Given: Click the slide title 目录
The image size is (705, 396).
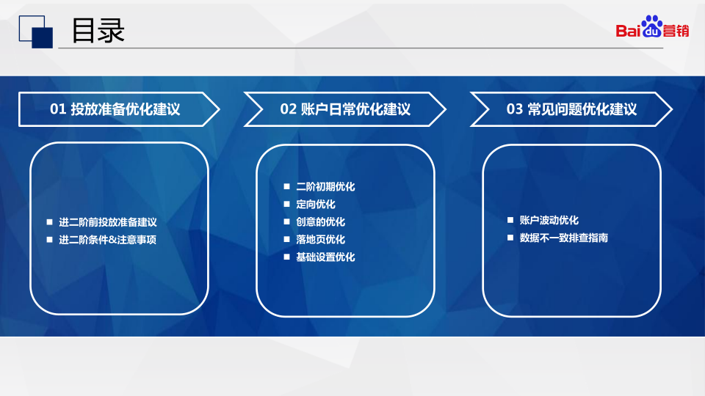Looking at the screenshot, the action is click(x=98, y=31).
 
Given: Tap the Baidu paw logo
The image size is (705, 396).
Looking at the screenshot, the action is click(x=651, y=26).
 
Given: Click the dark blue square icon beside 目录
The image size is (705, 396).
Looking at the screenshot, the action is click(x=43, y=37).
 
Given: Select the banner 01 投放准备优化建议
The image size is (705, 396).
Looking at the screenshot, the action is click(x=119, y=109).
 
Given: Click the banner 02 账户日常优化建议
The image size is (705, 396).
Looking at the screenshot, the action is click(x=345, y=109).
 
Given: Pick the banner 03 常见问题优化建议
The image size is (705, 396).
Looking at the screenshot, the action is click(x=571, y=109).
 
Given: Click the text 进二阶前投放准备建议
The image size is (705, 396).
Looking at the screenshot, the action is click(x=108, y=222).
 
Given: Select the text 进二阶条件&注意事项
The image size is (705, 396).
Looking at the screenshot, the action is click(x=107, y=240).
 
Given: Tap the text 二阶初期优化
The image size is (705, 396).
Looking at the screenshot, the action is click(x=325, y=187).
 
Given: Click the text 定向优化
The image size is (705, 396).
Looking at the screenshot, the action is click(x=316, y=205).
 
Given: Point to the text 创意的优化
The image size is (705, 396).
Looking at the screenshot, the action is click(x=321, y=221).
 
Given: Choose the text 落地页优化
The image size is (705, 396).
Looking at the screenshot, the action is click(x=321, y=239).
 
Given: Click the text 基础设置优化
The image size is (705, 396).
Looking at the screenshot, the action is click(x=325, y=257).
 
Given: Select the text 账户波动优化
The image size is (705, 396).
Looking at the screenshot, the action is click(x=549, y=220).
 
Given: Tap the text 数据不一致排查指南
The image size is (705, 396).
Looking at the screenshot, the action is click(x=564, y=238).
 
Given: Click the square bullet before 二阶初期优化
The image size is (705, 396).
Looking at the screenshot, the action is click(x=287, y=186).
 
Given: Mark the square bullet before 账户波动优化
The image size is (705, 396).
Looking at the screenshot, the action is click(x=510, y=220).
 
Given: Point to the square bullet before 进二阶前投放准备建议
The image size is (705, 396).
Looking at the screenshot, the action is click(x=49, y=221).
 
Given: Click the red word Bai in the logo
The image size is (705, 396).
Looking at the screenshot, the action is click(x=628, y=31).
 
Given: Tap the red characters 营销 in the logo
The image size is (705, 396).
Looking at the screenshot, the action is click(x=676, y=31).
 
